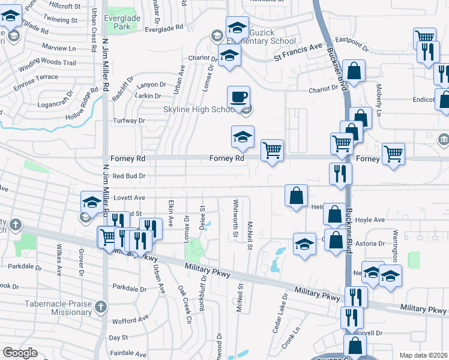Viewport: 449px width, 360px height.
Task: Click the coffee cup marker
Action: click(239, 97)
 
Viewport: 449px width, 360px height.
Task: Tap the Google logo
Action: click(20, 353)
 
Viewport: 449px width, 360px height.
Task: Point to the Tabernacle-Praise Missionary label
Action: click(50, 308)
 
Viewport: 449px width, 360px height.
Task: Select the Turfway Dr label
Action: click(130, 121)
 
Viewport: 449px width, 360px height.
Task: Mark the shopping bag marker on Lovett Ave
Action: click(297, 196)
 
